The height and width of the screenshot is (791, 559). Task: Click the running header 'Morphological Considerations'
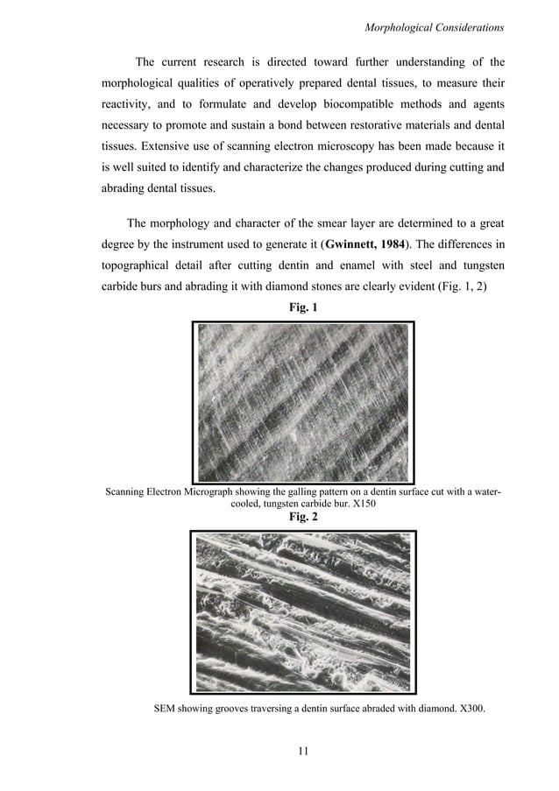(x=433, y=29)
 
